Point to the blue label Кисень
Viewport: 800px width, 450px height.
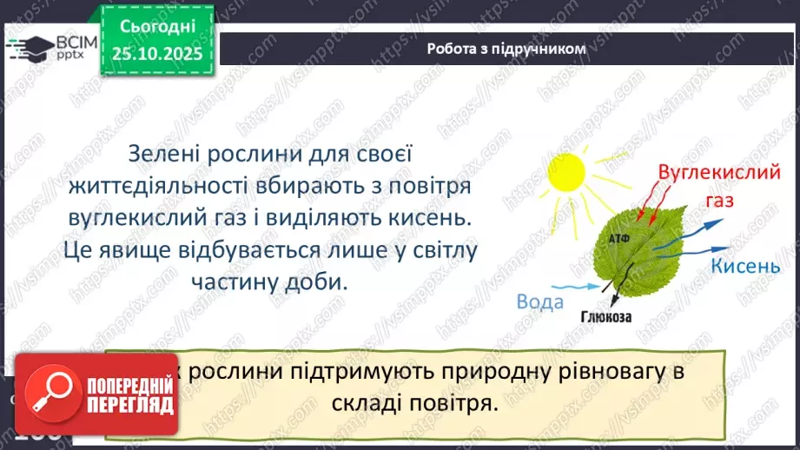[x=745, y=266]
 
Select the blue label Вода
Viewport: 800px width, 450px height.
[x=540, y=301]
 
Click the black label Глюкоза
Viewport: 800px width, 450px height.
[x=607, y=317]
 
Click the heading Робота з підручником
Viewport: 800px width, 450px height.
[x=506, y=49]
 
